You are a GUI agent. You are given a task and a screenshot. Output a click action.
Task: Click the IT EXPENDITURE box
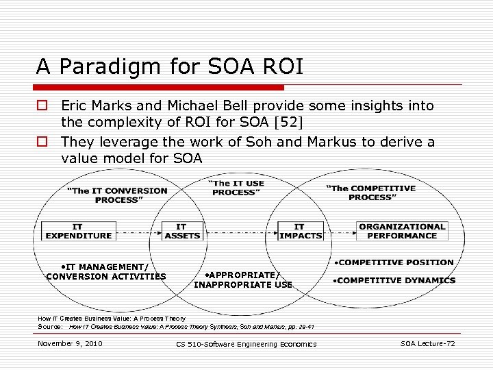click(78, 231)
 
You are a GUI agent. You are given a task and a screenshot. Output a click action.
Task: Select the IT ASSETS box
click(181, 231)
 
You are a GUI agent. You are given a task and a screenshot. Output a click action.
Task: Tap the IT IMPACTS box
click(300, 231)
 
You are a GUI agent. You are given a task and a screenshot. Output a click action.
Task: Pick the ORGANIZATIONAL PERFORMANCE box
click(402, 231)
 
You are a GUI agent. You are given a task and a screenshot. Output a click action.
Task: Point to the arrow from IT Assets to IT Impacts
click(240, 231)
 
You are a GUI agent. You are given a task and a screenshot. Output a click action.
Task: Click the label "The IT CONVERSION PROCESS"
click(116, 195)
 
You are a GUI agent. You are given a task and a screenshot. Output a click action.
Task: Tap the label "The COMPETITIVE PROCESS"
click(370, 193)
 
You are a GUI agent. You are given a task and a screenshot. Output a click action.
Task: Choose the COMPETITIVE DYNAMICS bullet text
click(394, 280)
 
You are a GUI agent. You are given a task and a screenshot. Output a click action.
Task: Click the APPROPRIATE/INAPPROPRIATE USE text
click(243, 280)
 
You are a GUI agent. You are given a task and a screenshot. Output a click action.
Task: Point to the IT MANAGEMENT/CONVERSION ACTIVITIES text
click(106, 272)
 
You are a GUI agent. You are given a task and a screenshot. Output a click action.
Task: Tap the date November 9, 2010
click(70, 343)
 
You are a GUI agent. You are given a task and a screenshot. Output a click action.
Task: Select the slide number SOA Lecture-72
click(427, 343)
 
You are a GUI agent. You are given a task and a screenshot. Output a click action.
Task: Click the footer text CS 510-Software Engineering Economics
click(246, 344)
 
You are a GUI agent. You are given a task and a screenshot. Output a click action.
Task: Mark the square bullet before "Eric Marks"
click(42, 106)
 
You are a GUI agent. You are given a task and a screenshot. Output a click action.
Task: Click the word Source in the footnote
click(50, 327)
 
